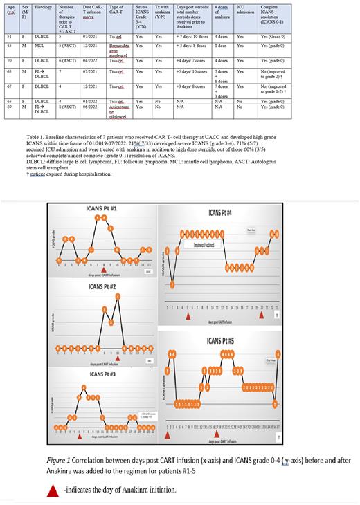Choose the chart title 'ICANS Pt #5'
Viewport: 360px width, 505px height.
(224, 340)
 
